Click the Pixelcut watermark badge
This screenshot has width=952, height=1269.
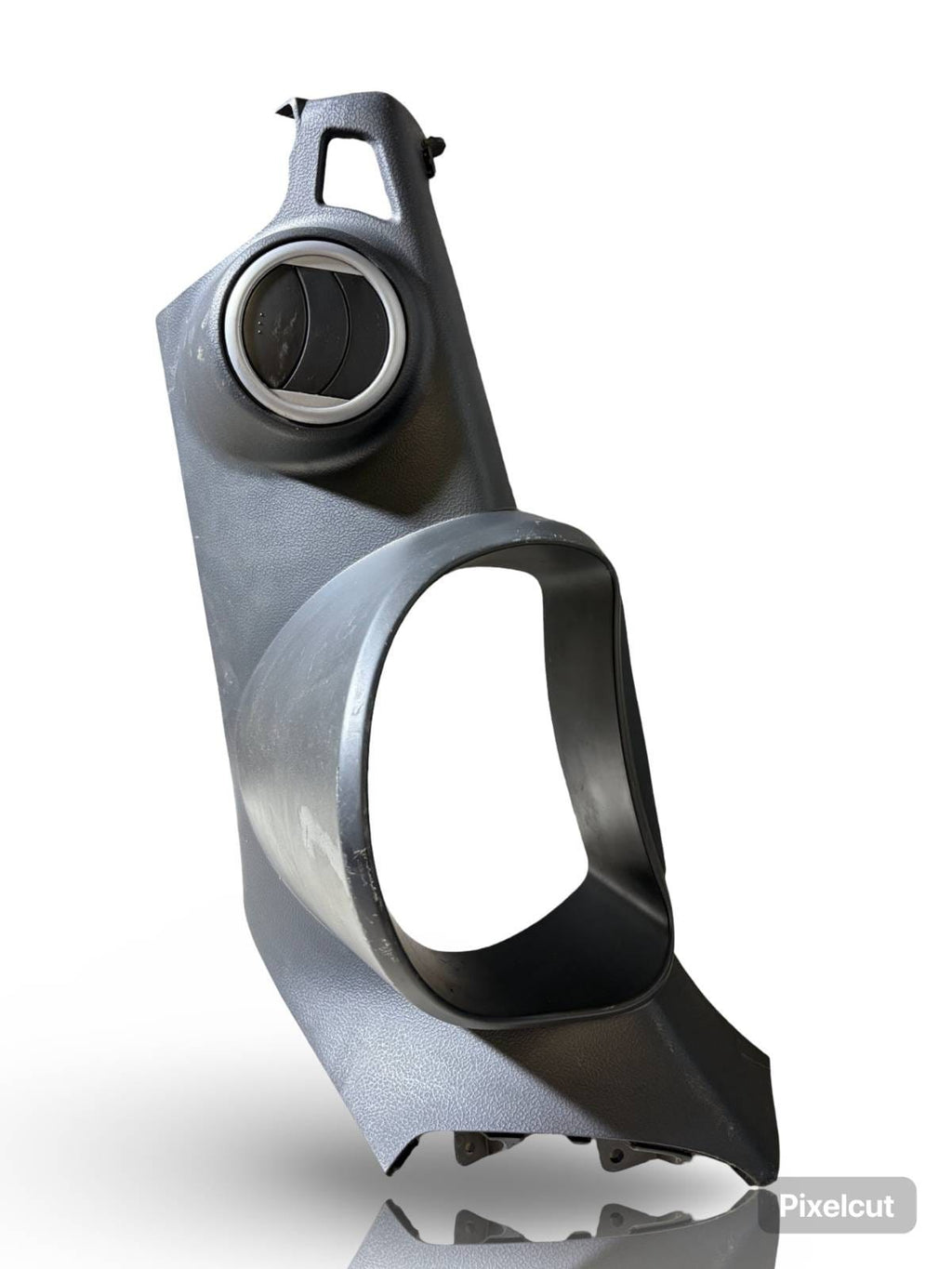point(837,1202)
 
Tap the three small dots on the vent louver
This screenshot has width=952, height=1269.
point(262,320)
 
